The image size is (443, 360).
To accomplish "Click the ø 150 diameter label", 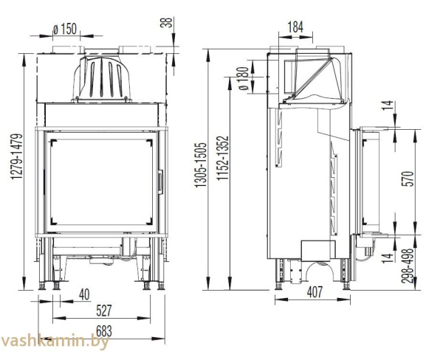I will [65, 29].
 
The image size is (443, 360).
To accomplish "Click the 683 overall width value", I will [104, 330].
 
